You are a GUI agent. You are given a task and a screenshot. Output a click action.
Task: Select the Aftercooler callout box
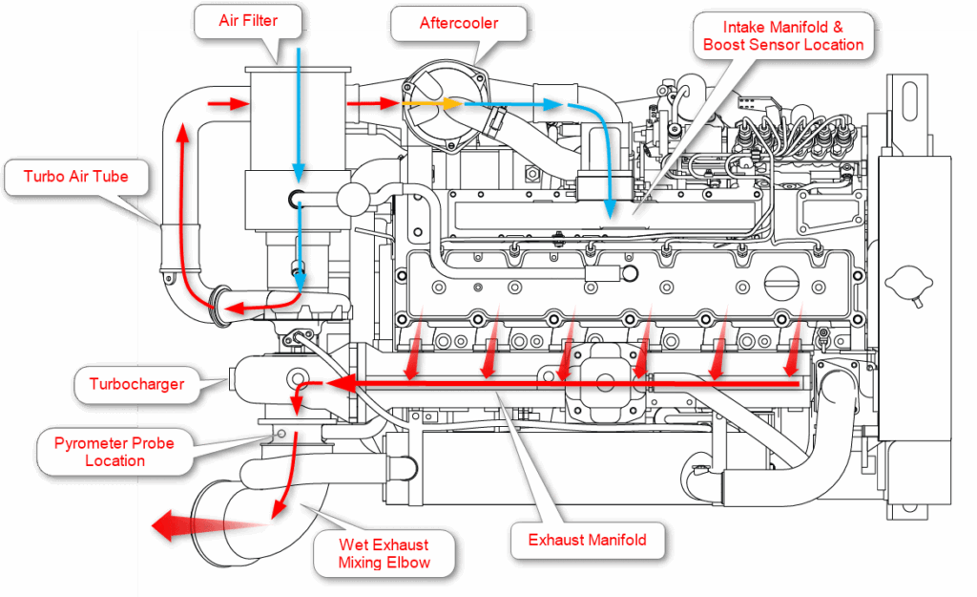(459, 23)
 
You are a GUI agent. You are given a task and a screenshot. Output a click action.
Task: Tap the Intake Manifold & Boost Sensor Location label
(782, 35)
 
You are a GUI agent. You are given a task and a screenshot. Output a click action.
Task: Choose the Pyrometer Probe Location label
(114, 452)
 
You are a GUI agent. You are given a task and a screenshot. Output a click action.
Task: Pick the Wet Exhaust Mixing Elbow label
(384, 553)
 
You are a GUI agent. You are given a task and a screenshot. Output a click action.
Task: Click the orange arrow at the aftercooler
(429, 103)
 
